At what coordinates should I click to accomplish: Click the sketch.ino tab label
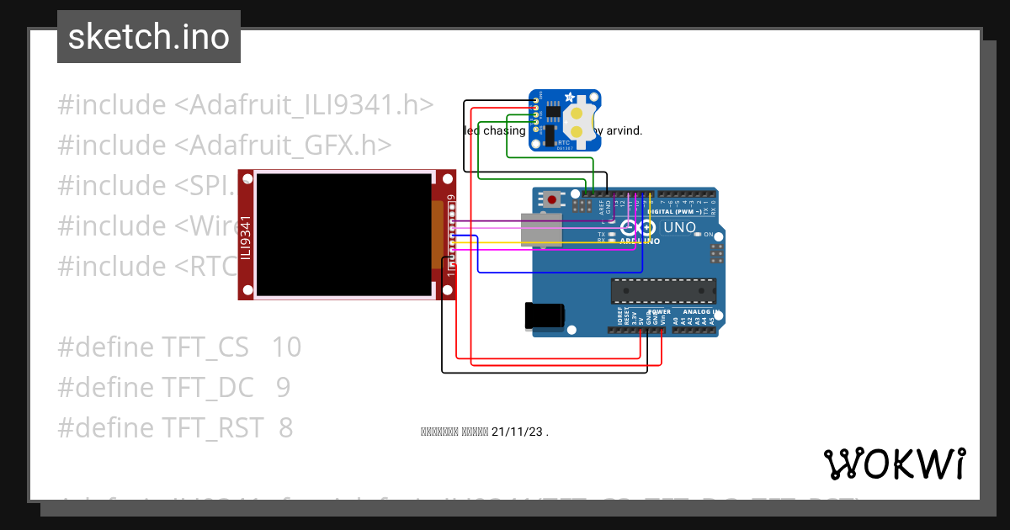tap(148, 37)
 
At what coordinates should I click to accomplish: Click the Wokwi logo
tap(894, 464)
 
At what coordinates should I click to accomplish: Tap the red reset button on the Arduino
tap(552, 199)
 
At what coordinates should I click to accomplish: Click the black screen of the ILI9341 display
tap(343, 234)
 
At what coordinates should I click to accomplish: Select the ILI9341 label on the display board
tap(246, 237)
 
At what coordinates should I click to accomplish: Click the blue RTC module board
tap(564, 121)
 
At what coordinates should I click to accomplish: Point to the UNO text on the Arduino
tap(679, 228)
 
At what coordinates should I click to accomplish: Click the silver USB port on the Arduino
tap(541, 231)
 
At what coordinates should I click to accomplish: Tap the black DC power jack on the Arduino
tap(543, 315)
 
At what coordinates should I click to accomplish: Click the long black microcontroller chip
tap(663, 291)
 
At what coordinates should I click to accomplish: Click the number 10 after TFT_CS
tap(286, 347)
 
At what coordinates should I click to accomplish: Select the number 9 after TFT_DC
tap(283, 388)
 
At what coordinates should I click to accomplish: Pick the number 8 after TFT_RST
tap(285, 428)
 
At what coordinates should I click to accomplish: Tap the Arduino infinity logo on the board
tap(641, 228)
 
